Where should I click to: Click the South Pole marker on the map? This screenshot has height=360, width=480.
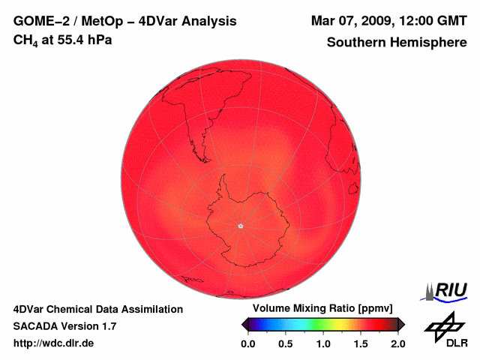point(240,225)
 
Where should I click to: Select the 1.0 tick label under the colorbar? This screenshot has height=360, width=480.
point(323,343)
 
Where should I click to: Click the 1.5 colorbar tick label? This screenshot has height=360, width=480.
point(361,343)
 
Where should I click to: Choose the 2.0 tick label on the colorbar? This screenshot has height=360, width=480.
point(398,343)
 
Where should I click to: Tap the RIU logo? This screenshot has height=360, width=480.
point(445,291)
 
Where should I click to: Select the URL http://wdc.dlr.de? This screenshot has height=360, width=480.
point(54,343)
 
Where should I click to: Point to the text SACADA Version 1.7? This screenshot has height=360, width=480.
point(64,326)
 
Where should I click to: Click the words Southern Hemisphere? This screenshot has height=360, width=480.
point(396,43)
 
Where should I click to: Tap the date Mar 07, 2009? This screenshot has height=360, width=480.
point(346,21)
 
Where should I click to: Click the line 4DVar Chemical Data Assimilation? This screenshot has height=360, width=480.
point(97,309)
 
